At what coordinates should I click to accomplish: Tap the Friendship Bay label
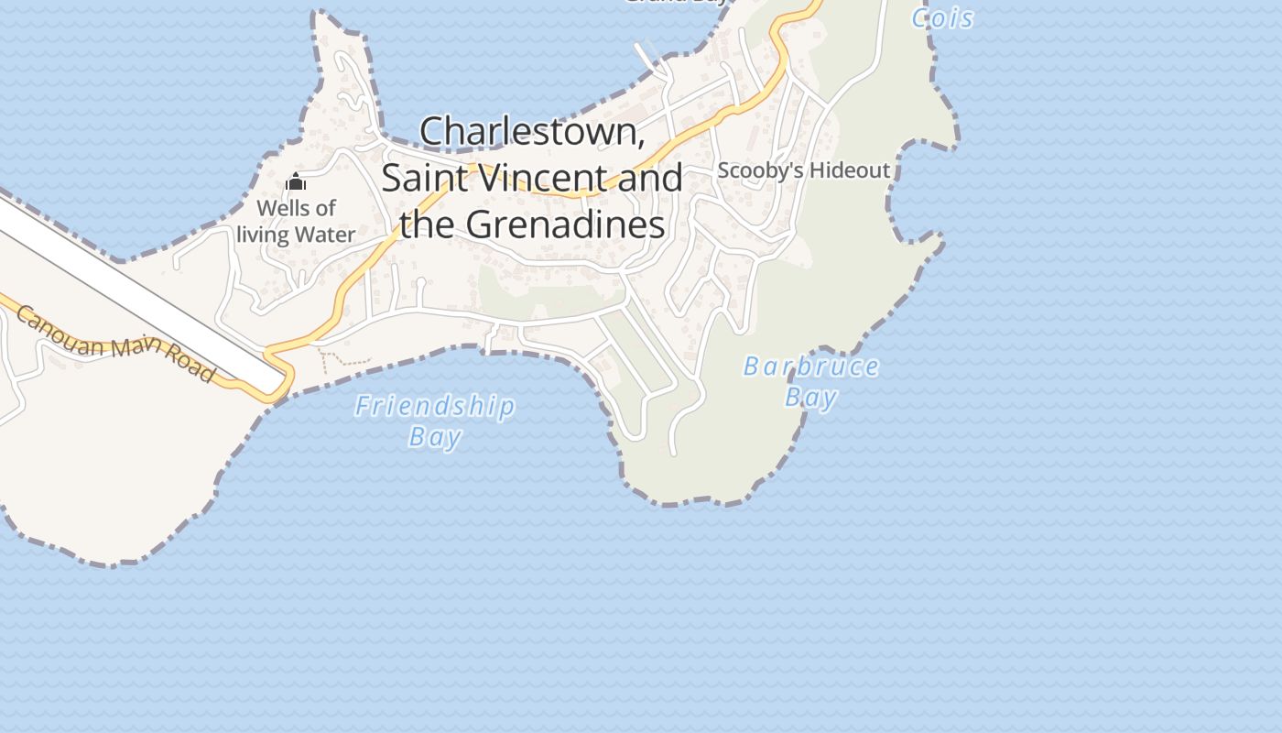point(435,421)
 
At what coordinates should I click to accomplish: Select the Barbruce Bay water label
point(810,381)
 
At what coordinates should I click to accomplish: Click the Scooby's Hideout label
point(803,170)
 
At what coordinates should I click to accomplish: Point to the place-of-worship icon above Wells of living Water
point(296,182)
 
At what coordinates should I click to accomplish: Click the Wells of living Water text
point(296,222)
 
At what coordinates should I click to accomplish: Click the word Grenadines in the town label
point(565,224)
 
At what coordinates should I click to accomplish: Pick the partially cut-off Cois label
point(942,17)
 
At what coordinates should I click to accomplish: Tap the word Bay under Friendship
point(435,436)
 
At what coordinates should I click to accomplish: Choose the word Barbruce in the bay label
point(810,367)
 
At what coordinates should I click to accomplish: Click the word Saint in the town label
point(422,178)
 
